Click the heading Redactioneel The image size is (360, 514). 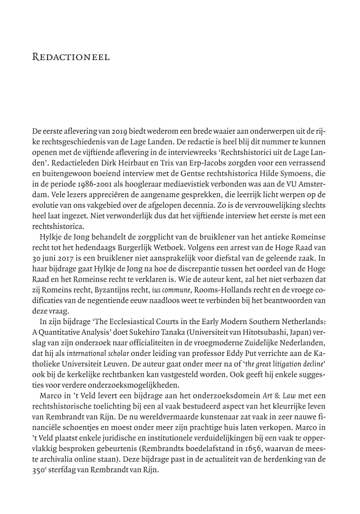[79, 57]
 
